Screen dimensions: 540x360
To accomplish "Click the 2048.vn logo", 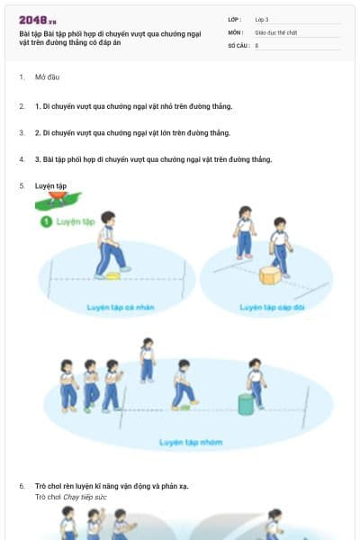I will click(x=37, y=20).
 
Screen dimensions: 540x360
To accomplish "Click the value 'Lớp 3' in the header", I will click(x=262, y=18).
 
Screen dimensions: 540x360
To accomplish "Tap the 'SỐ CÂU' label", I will click(x=238, y=45).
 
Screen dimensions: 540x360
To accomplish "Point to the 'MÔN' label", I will click(x=234, y=31).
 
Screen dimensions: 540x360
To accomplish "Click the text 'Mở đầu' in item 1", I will click(x=47, y=77).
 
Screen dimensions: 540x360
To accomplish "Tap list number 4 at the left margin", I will click(x=22, y=159).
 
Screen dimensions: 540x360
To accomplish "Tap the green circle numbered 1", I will click(x=45, y=220).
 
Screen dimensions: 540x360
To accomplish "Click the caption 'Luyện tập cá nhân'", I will click(x=121, y=307).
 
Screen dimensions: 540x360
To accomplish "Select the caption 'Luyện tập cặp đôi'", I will click(x=271, y=307).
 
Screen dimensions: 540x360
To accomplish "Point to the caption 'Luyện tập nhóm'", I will click(x=184, y=442).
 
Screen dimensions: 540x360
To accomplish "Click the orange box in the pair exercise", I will click(x=268, y=274).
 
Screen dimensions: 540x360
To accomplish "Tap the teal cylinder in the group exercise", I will click(x=245, y=404).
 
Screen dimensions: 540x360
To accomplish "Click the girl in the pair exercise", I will click(x=243, y=232).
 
